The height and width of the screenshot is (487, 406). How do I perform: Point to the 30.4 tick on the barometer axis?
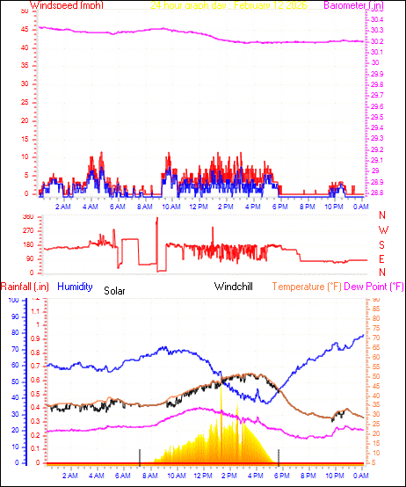tap(375, 20)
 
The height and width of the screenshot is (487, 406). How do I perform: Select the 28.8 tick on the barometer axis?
tap(375, 193)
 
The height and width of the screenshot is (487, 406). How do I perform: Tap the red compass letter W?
tap(382, 230)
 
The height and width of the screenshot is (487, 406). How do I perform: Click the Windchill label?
tap(235, 287)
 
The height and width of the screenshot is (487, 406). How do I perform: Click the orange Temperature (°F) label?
tap(306, 287)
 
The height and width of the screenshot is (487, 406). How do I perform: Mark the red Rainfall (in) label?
tap(23, 287)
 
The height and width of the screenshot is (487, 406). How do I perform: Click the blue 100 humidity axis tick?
tap(11, 301)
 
